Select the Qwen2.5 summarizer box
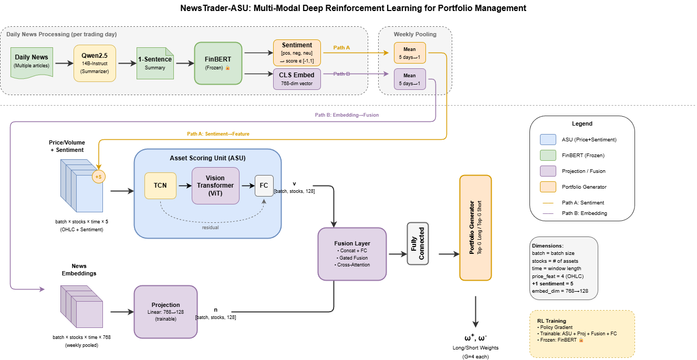pyautogui.click(x=95, y=63)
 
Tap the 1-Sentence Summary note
pyautogui.click(x=155, y=63)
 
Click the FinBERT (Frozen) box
pyautogui.click(x=218, y=63)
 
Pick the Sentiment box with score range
pyautogui.click(x=297, y=53)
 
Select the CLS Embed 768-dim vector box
pyautogui.click(x=297, y=79)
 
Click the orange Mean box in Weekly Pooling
pyautogui.click(x=410, y=53)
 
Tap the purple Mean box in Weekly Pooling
pyautogui.click(x=410, y=79)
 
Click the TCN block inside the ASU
pyautogui.click(x=160, y=186)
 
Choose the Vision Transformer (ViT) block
pyautogui.click(x=215, y=186)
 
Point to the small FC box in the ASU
pyautogui.click(x=264, y=186)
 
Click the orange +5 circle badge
pyautogui.click(x=98, y=177)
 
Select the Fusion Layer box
pyautogui.click(x=352, y=254)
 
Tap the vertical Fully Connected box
pyautogui.click(x=418, y=243)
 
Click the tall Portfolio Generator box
pyautogui.click(x=475, y=228)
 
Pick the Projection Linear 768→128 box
pyautogui.click(x=165, y=312)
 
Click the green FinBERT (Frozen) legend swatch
pyautogui.click(x=547, y=156)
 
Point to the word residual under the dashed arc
pyautogui.click(x=211, y=227)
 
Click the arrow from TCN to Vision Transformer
pyautogui.click(x=184, y=186)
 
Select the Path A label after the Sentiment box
pyautogui.click(x=341, y=48)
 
